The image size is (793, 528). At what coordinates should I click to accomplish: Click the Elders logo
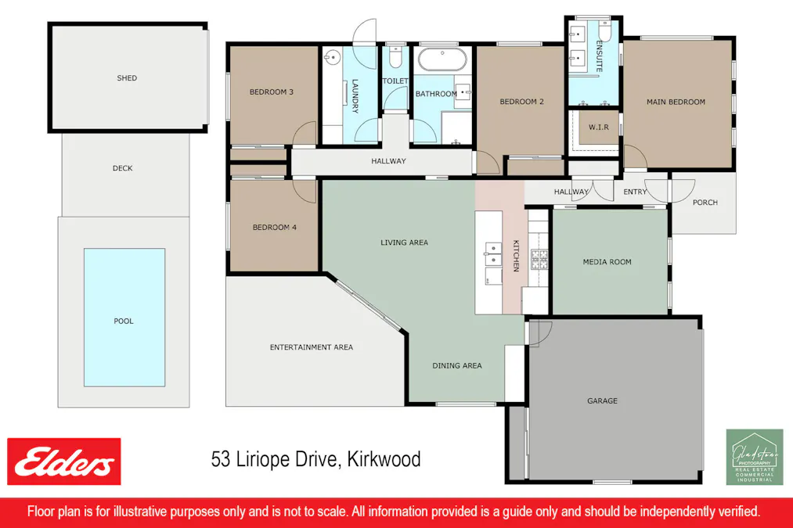[x=64, y=462]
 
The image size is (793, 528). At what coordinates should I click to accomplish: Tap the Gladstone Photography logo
[x=754, y=457]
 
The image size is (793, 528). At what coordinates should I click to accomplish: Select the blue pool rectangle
[x=124, y=318]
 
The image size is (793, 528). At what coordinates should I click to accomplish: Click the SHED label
[x=127, y=78]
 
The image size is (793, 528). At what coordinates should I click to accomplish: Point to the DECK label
[x=123, y=168]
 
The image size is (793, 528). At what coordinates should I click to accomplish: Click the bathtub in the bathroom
[x=442, y=60]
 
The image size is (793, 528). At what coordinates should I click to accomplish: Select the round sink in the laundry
[x=332, y=57]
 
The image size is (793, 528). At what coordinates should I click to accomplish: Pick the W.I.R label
[x=599, y=127]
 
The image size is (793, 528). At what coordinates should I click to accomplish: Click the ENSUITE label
[x=600, y=56]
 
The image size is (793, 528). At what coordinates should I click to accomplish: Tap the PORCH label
[x=705, y=203]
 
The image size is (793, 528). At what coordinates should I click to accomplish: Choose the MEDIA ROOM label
[x=607, y=262]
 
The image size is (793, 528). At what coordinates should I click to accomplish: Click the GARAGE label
[x=603, y=401]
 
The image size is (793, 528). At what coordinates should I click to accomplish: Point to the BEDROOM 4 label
[x=275, y=228]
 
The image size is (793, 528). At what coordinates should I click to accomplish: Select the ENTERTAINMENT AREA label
[x=312, y=347]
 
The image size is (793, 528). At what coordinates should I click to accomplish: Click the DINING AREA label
[x=457, y=365]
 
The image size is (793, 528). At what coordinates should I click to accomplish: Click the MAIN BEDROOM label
[x=676, y=102]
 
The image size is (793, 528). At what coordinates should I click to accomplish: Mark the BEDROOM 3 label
[x=272, y=92]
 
